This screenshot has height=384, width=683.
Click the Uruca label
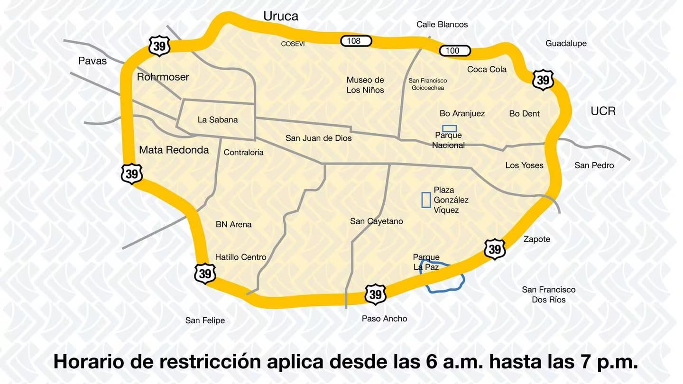(x=281, y=17)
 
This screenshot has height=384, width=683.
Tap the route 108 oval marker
(x=356, y=41)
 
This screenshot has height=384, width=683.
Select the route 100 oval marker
(x=454, y=51)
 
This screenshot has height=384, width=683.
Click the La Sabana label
(x=218, y=120)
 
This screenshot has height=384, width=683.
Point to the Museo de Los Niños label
(x=365, y=85)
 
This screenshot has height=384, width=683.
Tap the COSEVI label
(x=293, y=44)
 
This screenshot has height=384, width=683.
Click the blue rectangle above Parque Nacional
(x=450, y=128)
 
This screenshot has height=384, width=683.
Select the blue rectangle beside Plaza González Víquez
(x=426, y=200)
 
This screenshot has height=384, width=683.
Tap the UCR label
(x=603, y=111)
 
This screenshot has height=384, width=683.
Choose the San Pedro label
(x=594, y=165)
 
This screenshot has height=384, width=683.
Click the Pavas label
(x=92, y=61)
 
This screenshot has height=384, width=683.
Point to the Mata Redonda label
(x=174, y=150)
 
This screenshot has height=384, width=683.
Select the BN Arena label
(x=233, y=225)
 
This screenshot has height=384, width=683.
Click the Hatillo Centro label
(x=240, y=257)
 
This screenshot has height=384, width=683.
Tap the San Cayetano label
(x=377, y=221)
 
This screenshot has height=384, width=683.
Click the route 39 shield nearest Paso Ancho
(x=376, y=294)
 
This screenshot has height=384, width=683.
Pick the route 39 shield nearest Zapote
(x=495, y=249)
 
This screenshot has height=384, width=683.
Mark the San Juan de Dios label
(x=319, y=138)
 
